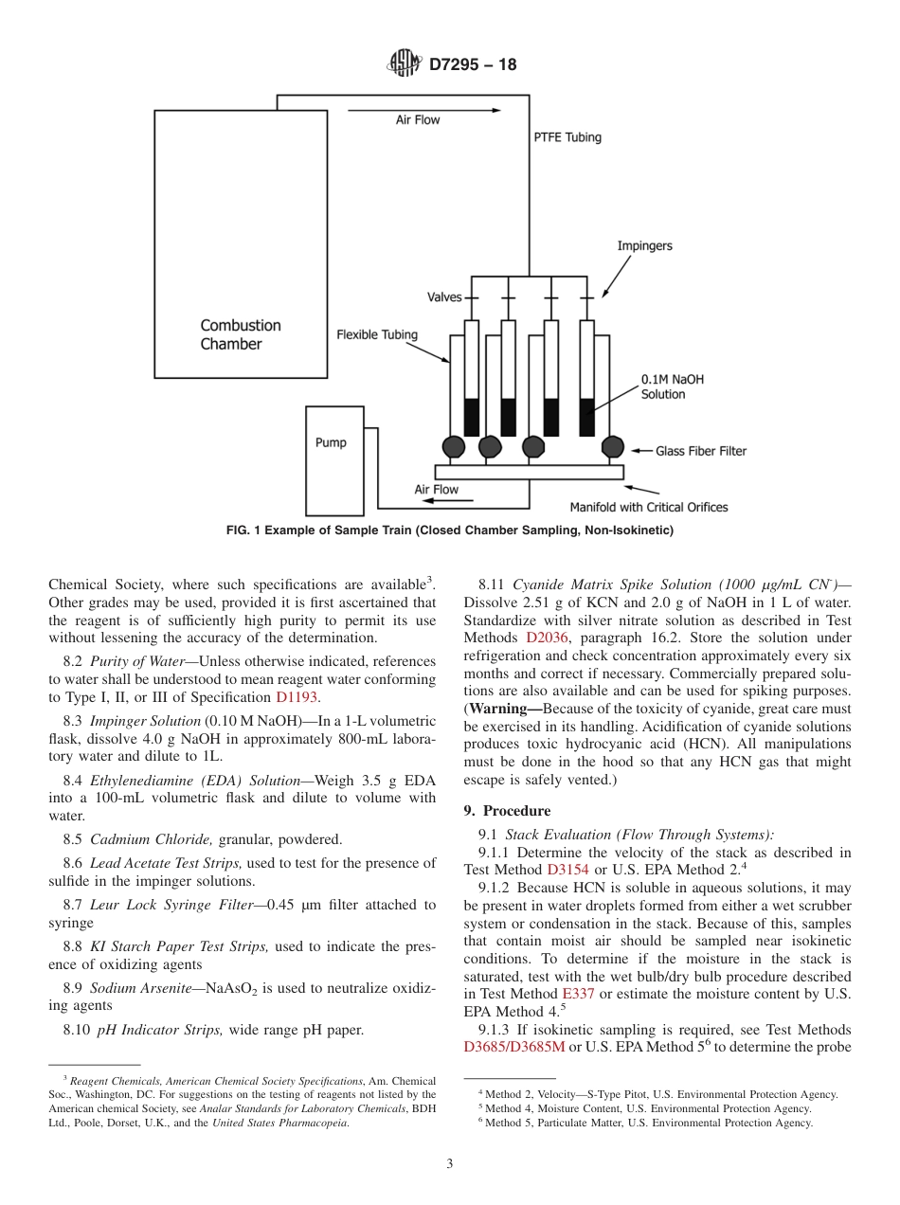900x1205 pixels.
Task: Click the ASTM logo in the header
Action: tap(404, 64)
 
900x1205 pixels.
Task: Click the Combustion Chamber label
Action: tap(241, 334)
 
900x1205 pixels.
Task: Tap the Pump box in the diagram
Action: tap(333, 460)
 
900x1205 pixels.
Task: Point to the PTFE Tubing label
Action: tap(567, 137)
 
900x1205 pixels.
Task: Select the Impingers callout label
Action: tap(644, 246)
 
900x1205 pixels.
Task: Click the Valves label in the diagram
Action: tap(444, 297)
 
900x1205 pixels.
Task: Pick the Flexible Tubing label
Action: tap(377, 334)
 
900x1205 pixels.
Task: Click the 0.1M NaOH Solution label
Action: tap(673, 387)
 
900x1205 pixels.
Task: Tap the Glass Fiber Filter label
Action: tap(701, 451)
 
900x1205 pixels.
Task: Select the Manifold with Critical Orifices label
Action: tap(648, 507)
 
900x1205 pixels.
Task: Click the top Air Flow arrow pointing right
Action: tap(424, 111)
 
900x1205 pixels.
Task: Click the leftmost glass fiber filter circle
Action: tap(454, 446)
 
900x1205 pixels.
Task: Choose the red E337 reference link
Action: tap(575, 994)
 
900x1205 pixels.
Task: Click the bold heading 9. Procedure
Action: tap(507, 811)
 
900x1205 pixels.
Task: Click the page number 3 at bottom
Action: tap(450, 1163)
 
